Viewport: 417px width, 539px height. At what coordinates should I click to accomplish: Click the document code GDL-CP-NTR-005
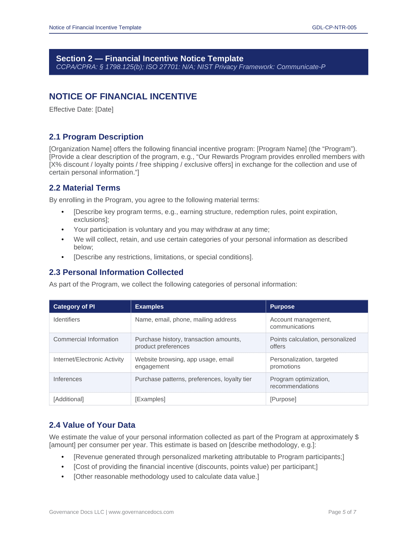coord(334,28)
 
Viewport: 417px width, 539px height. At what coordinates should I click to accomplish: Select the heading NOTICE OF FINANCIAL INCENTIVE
coord(123,97)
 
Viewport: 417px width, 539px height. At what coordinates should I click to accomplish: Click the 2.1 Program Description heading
coord(96,137)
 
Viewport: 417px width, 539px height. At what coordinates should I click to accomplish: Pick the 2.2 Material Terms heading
coord(84,188)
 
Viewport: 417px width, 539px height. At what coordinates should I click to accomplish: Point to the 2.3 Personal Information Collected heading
coord(116,272)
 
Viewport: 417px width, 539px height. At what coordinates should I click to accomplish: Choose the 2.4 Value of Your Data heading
coord(92,425)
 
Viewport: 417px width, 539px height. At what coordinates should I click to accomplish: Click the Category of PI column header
coord(74,307)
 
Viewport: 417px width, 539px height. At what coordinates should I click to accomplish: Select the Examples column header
coord(149,307)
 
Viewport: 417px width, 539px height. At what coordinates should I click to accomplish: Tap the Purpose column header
coord(282,307)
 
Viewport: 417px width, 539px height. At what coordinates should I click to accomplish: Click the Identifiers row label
coord(67,320)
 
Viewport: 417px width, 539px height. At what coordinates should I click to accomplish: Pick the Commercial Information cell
coord(86,339)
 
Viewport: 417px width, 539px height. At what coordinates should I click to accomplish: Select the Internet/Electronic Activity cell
coord(89,359)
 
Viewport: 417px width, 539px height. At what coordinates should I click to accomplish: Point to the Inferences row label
coord(67,379)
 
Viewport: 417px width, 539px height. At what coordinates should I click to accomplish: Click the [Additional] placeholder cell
coord(68,399)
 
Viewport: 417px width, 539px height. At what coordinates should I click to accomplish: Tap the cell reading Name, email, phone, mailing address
coord(186,320)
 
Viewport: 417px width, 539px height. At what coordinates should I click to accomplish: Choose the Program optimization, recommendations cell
coord(299,382)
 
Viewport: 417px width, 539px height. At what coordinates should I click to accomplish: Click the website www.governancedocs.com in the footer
coord(141,512)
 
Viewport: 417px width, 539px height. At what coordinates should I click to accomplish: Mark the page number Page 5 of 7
coord(342,512)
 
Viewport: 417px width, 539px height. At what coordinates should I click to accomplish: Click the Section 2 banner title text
coord(150,59)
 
